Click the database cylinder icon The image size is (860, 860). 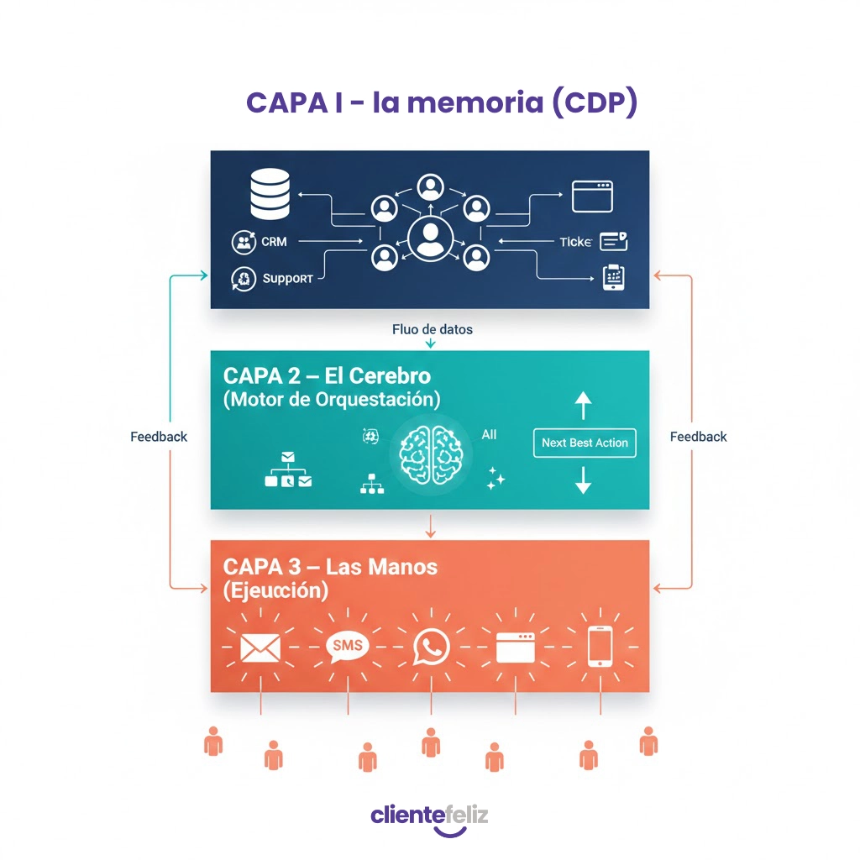click(270, 195)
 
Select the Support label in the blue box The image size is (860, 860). click(287, 278)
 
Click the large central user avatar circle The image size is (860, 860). click(429, 238)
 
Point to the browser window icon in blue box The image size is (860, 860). click(593, 197)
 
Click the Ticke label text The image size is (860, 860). click(576, 242)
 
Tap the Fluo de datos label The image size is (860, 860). click(432, 329)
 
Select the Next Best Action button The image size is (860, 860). click(585, 443)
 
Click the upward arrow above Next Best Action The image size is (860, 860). click(583, 406)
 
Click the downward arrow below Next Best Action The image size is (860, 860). click(583, 480)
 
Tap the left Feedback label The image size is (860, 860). click(159, 437)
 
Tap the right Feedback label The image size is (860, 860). click(698, 437)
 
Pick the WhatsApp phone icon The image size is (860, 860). click(431, 648)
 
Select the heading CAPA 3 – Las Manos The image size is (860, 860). click(331, 566)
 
